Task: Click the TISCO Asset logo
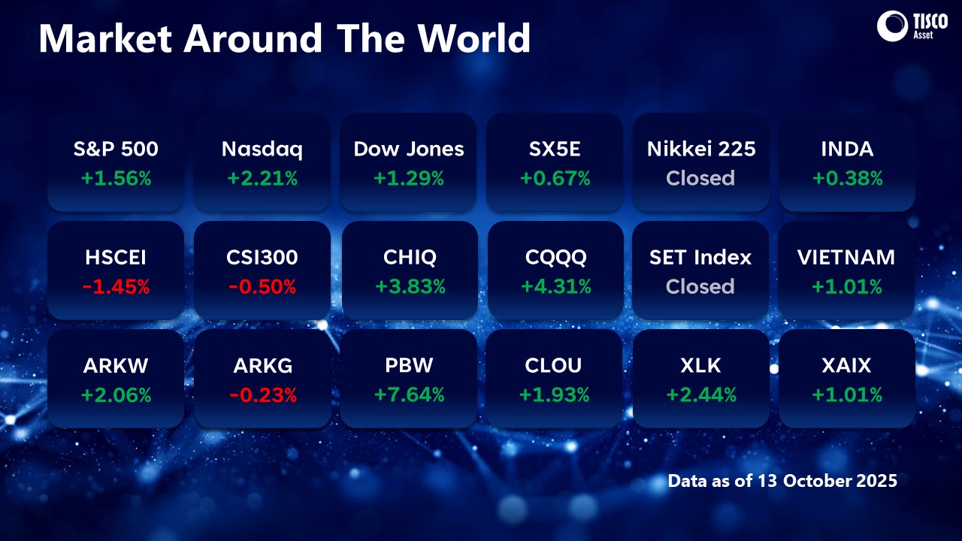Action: (x=912, y=26)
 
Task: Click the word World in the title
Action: (x=474, y=38)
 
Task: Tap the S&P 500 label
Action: (x=116, y=149)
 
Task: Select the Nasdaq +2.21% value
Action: (x=262, y=178)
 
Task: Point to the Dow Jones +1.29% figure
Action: (x=409, y=178)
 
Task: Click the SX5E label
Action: (x=555, y=149)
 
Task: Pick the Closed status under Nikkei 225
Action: (x=700, y=178)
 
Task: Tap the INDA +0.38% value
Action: (x=848, y=178)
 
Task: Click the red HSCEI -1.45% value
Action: (x=116, y=287)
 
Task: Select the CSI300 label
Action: (x=262, y=258)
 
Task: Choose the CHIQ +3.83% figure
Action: (x=410, y=287)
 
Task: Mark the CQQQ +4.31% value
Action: (x=556, y=286)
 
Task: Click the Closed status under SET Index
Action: (x=700, y=286)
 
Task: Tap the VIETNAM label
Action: (x=846, y=258)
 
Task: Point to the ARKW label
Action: (x=116, y=366)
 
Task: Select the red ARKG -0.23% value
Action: (x=263, y=395)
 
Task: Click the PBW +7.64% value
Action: (x=410, y=395)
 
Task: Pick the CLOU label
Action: (x=553, y=366)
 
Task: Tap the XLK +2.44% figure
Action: (x=701, y=395)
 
